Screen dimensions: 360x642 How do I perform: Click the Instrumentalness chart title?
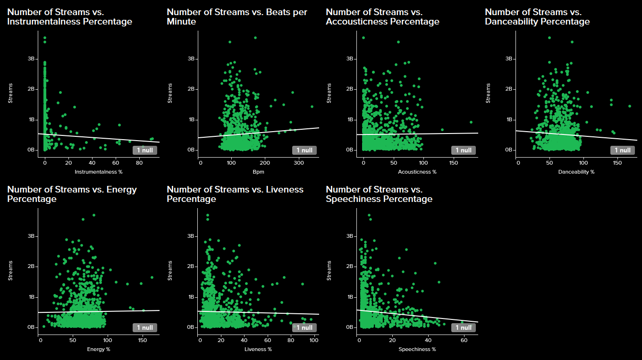(69, 17)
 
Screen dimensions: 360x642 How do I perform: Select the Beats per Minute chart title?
(237, 17)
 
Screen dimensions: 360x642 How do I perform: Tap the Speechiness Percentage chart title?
(379, 194)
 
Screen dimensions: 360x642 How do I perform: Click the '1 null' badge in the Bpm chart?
(304, 150)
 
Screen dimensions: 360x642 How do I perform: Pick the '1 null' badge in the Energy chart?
(145, 327)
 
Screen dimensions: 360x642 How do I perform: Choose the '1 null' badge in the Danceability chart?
(622, 150)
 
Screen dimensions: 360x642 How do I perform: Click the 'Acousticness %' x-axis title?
(417, 172)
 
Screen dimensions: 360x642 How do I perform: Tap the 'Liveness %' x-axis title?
(258, 349)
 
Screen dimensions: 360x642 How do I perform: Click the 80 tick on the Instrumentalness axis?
(139, 163)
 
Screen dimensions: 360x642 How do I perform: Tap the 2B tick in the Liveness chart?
(191, 267)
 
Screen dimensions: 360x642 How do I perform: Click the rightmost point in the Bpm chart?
(312, 107)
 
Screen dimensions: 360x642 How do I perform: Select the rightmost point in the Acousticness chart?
(471, 122)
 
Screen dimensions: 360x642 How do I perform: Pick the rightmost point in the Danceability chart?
(629, 106)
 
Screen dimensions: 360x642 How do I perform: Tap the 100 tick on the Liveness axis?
(313, 340)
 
